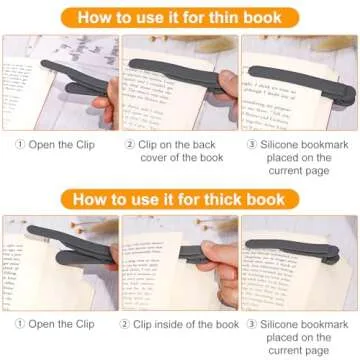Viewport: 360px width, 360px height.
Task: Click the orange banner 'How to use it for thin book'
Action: pyautogui.click(x=180, y=17)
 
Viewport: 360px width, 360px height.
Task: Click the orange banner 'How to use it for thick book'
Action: pyautogui.click(x=180, y=198)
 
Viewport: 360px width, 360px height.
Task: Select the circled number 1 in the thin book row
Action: pyautogui.click(x=19, y=143)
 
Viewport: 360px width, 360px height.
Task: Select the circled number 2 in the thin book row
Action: pyautogui.click(x=130, y=143)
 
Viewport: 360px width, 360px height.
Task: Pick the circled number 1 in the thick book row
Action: pyautogui.click(x=19, y=324)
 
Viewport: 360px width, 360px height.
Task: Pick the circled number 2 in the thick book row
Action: pyautogui.click(x=126, y=324)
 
